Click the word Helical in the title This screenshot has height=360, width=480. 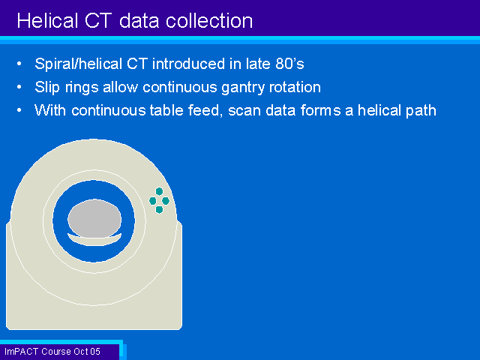coord(47,21)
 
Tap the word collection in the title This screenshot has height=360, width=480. coord(209,21)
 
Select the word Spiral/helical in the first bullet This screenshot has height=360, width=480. coord(78,64)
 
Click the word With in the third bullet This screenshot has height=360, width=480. coord(50,110)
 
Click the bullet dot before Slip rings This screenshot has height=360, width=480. coord(19,87)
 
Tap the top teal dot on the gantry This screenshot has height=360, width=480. coord(159,192)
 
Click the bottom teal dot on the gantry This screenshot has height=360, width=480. coord(159,210)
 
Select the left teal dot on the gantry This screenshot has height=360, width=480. coord(153,201)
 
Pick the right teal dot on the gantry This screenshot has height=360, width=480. coord(166,201)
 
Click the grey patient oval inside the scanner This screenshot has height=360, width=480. coord(94,218)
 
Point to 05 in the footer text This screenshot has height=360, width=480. coord(95,352)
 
